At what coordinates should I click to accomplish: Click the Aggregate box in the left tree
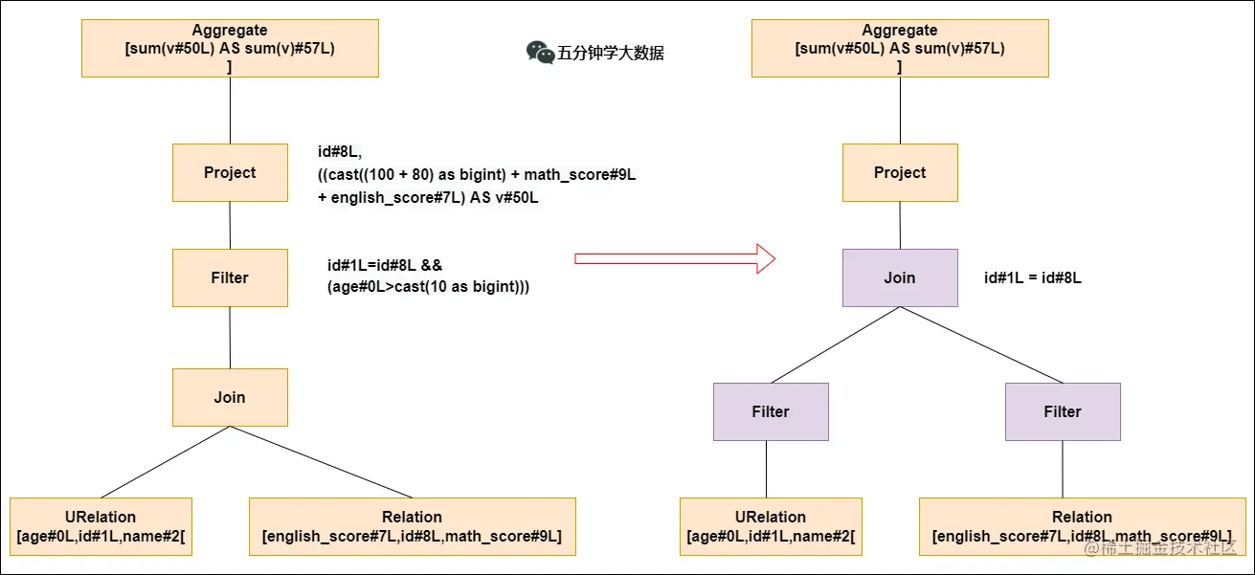point(230,48)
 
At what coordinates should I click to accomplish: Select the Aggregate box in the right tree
point(900,48)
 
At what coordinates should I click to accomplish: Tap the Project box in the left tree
point(230,172)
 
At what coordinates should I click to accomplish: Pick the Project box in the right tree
point(900,172)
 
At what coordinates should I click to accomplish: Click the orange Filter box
point(230,277)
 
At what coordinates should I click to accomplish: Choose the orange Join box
point(230,397)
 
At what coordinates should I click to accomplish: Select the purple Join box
point(900,277)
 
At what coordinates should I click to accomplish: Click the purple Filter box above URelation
point(771,411)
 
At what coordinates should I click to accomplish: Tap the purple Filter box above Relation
point(1063,411)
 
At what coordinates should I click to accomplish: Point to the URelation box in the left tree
point(101,526)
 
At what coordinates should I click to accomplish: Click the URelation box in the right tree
point(771,526)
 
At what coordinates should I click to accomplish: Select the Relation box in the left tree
point(412,526)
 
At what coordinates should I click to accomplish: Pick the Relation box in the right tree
point(1082,526)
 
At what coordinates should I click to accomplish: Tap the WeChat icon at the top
point(540,53)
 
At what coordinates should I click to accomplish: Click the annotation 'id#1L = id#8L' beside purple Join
point(1033,278)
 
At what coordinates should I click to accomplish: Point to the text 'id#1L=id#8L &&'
point(384,265)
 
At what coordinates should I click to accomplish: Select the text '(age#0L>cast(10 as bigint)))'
point(428,287)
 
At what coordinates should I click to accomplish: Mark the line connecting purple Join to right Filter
point(981,345)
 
